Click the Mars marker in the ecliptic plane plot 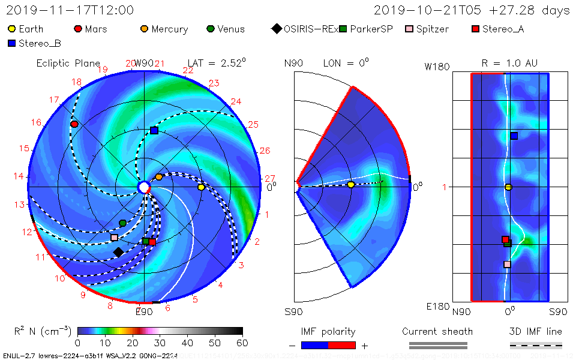pyautogui.click(x=74, y=124)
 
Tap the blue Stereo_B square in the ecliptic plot pyautogui.click(x=154, y=130)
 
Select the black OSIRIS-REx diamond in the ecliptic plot pyautogui.click(x=118, y=252)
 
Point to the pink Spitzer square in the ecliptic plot pyautogui.click(x=114, y=238)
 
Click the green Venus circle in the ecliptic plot pyautogui.click(x=123, y=223)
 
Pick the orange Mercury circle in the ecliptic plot pyautogui.click(x=159, y=177)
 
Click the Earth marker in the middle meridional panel pyautogui.click(x=351, y=185)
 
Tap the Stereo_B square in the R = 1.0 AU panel pyautogui.click(x=514, y=136)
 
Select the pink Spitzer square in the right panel pyautogui.click(x=507, y=264)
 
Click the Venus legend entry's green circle pyautogui.click(x=210, y=29)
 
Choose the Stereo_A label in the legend pyautogui.click(x=503, y=29)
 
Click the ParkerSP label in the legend pyautogui.click(x=371, y=29)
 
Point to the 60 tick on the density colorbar pyautogui.click(x=242, y=343)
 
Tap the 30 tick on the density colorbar pyautogui.click(x=160, y=343)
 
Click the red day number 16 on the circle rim pyautogui.click(x=36, y=122)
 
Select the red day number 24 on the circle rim pyautogui.click(x=236, y=101)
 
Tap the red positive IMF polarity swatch pyautogui.click(x=342, y=345)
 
